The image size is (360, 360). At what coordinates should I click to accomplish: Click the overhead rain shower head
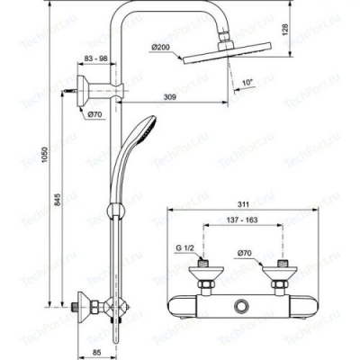coord(216,58)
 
